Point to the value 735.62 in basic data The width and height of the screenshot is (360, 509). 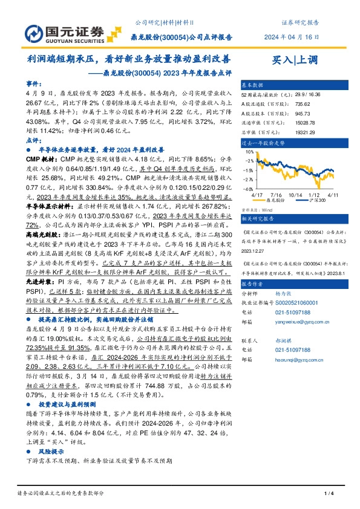pos(304,103)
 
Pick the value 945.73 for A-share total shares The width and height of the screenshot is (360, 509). pos(304,112)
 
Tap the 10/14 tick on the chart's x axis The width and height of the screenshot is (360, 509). pos(296,195)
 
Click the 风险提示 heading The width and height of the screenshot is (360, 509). pos(50,451)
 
